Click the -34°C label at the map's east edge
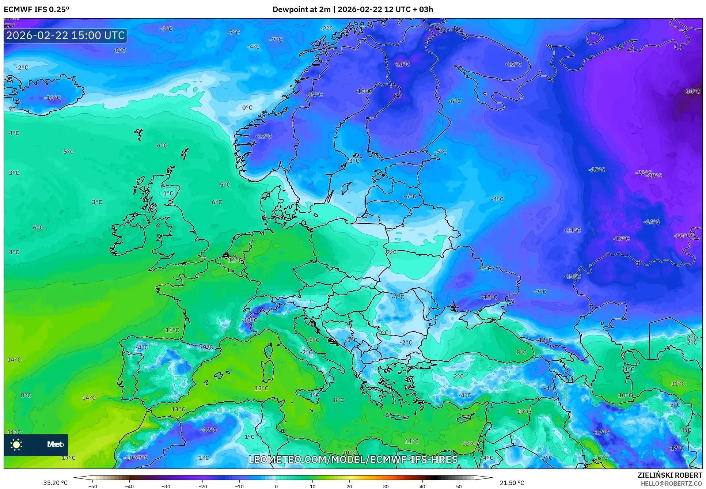tap(692, 91)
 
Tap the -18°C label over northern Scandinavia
tap(402, 64)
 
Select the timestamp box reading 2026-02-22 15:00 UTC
tap(65, 35)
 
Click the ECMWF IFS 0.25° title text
tap(37, 9)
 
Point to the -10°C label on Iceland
tap(52, 98)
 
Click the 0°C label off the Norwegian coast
tap(247, 107)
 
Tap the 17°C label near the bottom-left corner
tap(68, 458)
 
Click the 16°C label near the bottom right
tap(601, 458)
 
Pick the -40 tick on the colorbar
tap(129, 486)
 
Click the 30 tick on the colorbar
tap(386, 486)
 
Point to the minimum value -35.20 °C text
tap(54, 483)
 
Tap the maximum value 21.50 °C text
tap(512, 483)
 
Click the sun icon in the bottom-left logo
tap(16, 444)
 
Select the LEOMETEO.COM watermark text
tap(353, 459)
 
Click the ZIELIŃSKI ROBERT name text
tap(669, 475)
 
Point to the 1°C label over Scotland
tap(168, 193)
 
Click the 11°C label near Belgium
tap(235, 260)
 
